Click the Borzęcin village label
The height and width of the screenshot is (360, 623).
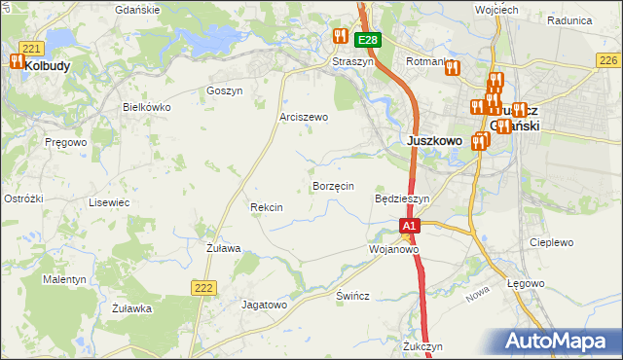pos(332,185)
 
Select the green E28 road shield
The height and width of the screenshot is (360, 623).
pos(367,40)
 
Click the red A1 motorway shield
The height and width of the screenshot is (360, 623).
pos(410,226)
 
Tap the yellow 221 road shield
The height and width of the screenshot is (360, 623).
pos(31,48)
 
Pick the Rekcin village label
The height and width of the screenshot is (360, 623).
pos(266,207)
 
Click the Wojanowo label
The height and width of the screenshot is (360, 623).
pos(393,249)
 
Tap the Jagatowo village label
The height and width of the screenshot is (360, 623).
pos(265,305)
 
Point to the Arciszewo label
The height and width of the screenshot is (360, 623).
pos(304,117)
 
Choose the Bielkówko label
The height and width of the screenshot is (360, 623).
pos(146,107)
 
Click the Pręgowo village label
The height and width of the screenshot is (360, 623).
pos(66,142)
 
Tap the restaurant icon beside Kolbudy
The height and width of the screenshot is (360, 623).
pos(17,61)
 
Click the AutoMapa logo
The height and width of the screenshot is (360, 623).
pos(559,342)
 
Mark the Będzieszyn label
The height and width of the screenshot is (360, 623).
pos(402,198)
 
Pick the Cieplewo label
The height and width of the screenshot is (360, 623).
pos(551,242)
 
